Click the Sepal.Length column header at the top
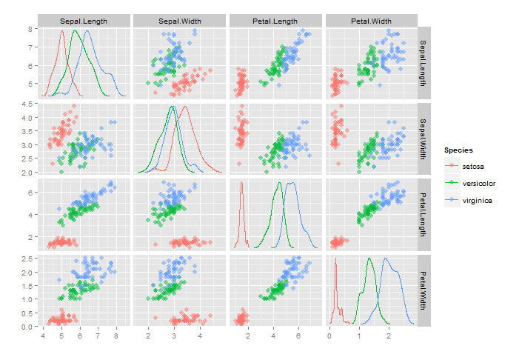[84, 21]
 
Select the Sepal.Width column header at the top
[180, 21]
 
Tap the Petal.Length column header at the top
[276, 21]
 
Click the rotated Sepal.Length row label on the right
[424, 63]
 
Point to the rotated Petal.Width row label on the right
[424, 290]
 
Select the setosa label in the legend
[474, 165]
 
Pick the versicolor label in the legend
[479, 183]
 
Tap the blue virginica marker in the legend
[451, 200]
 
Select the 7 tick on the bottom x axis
[98, 336]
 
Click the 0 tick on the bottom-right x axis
[329, 336]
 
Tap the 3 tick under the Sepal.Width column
[174, 336]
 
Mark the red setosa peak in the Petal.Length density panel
[241, 193]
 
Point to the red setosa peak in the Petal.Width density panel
[336, 263]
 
